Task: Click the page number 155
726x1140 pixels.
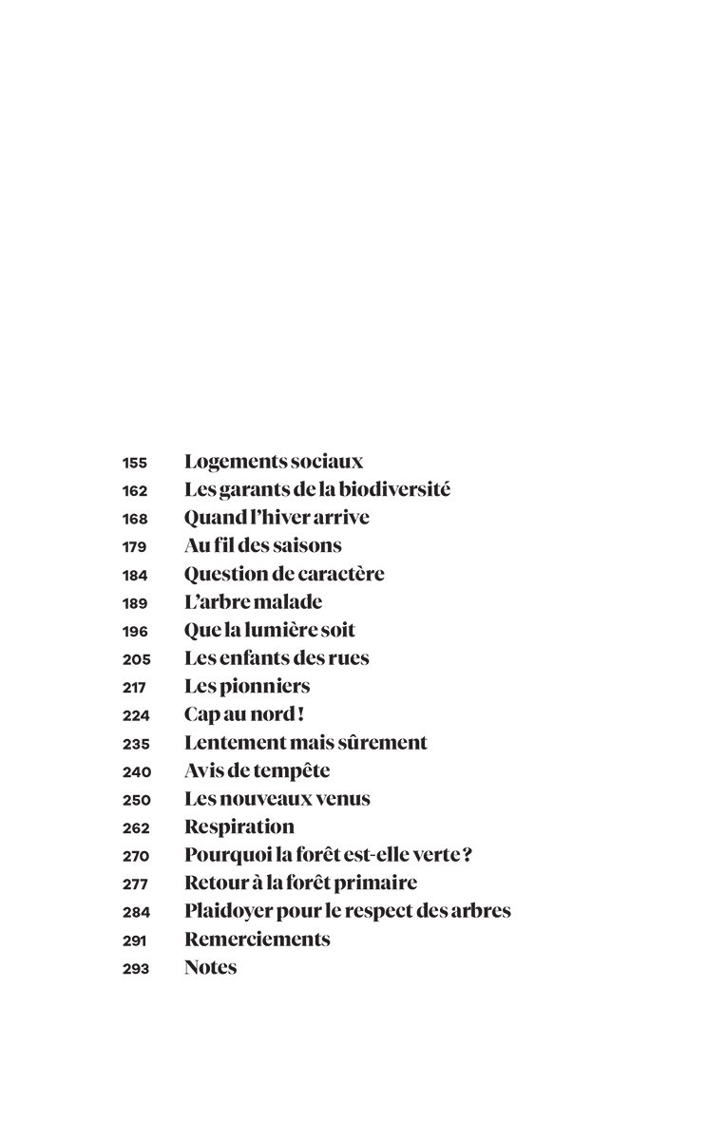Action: coord(135,463)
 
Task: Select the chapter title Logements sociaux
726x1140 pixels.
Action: coord(274,462)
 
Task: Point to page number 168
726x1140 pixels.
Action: coord(135,519)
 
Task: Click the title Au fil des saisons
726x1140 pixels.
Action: coord(262,546)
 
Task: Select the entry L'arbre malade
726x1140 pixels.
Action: coord(253,602)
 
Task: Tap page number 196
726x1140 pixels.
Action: coord(135,631)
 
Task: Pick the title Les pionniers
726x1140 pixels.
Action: coord(247,686)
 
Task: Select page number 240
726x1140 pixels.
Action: coord(135,771)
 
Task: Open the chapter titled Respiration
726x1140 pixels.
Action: coord(239,826)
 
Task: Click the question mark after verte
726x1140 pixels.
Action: coord(468,855)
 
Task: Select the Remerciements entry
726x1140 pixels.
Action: coord(257,940)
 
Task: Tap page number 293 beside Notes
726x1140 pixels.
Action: coord(135,969)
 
